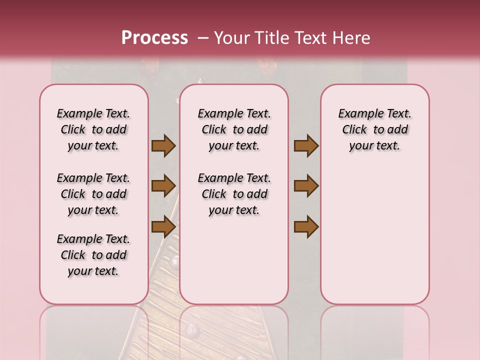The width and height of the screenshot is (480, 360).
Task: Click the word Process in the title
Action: (x=154, y=37)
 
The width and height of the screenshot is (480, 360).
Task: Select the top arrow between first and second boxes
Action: (x=163, y=146)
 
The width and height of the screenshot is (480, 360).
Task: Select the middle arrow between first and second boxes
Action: (x=163, y=186)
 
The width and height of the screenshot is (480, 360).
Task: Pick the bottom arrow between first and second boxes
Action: (x=163, y=226)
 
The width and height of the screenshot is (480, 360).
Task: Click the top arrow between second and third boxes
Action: (x=306, y=146)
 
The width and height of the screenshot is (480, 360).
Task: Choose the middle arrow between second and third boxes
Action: (x=306, y=186)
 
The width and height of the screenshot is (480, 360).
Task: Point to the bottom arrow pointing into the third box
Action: (x=306, y=226)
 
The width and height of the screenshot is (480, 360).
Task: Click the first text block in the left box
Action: (x=93, y=129)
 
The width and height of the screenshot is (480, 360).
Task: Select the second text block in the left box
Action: (x=93, y=194)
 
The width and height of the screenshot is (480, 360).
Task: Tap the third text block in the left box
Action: (x=93, y=255)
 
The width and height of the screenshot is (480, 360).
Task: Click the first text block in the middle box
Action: (x=234, y=129)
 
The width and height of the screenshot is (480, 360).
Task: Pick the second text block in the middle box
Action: (x=234, y=194)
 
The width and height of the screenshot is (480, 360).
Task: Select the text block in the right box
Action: (x=375, y=129)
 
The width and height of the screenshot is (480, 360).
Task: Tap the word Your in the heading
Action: (x=232, y=37)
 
